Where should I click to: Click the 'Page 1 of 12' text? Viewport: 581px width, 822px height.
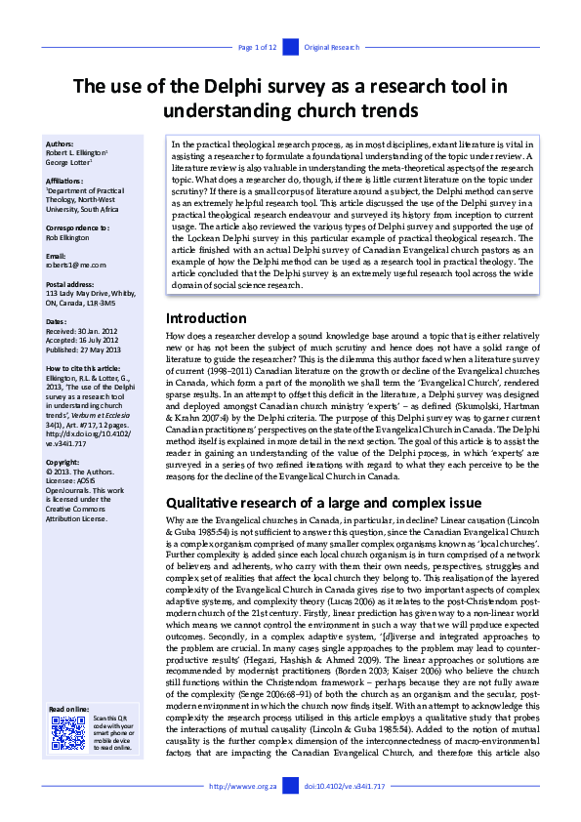point(258,47)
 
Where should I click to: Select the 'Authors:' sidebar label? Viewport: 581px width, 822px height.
point(60,144)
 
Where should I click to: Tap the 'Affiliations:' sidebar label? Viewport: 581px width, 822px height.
point(65,180)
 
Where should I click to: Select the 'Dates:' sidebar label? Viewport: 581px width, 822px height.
point(56,320)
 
